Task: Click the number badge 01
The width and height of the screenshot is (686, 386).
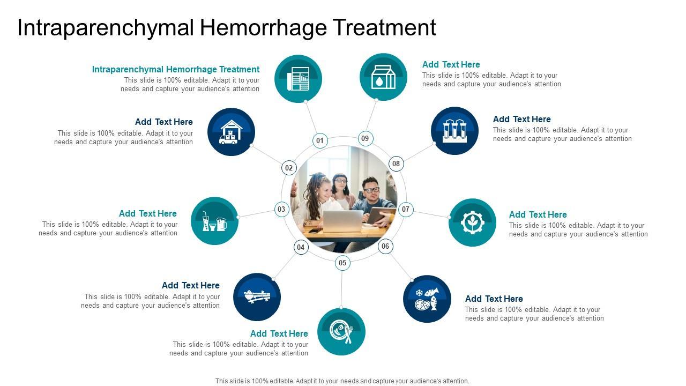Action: [320, 141]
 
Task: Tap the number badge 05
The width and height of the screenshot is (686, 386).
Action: [342, 263]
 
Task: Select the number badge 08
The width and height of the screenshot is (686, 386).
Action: [396, 164]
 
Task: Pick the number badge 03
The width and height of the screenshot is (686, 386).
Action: [281, 209]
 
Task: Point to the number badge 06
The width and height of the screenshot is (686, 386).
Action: [385, 247]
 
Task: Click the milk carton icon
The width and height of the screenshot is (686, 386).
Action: [383, 77]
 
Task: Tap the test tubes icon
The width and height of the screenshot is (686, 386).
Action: [454, 131]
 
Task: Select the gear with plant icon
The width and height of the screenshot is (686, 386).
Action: [472, 222]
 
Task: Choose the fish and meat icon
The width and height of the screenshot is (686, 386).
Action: [427, 299]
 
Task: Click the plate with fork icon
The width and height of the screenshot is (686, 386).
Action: [341, 331]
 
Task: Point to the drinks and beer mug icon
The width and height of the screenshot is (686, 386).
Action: [214, 221]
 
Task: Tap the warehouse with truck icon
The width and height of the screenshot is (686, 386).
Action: [231, 132]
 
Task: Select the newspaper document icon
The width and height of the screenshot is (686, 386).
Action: [298, 79]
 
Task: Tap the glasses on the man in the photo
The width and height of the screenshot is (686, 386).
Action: [371, 190]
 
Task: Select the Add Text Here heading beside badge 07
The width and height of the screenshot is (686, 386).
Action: [538, 214]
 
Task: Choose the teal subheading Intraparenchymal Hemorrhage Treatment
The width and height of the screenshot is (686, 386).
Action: [176, 69]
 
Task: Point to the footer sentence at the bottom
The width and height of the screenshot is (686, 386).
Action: [342, 381]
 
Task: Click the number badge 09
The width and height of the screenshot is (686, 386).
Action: [365, 138]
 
